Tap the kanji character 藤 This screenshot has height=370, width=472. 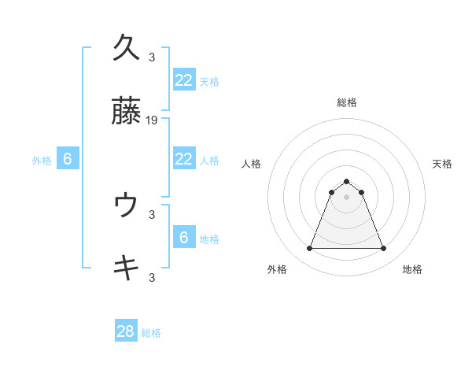[126, 113]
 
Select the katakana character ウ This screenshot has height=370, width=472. [126, 205]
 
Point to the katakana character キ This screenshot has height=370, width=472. [126, 268]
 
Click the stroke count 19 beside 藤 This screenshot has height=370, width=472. [152, 120]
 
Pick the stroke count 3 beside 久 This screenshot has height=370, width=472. [152, 57]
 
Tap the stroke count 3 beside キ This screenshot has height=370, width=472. [152, 277]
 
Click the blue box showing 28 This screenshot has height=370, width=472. [126, 331]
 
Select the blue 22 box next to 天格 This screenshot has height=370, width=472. [183, 80]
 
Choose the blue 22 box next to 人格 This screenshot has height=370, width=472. [183, 159]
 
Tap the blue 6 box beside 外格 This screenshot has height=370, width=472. [68, 159]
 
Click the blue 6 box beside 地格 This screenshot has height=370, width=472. [183, 238]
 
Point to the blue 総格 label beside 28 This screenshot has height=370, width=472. [151, 333]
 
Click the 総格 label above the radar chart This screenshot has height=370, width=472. [347, 102]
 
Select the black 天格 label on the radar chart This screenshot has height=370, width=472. [442, 164]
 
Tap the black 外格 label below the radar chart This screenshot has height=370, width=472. [277, 269]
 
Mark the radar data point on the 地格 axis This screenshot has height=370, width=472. [384, 249]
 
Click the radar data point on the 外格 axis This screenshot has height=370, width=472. [309, 249]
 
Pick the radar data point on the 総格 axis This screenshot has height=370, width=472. [346, 181]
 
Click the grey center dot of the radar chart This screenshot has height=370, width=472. [346, 197]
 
